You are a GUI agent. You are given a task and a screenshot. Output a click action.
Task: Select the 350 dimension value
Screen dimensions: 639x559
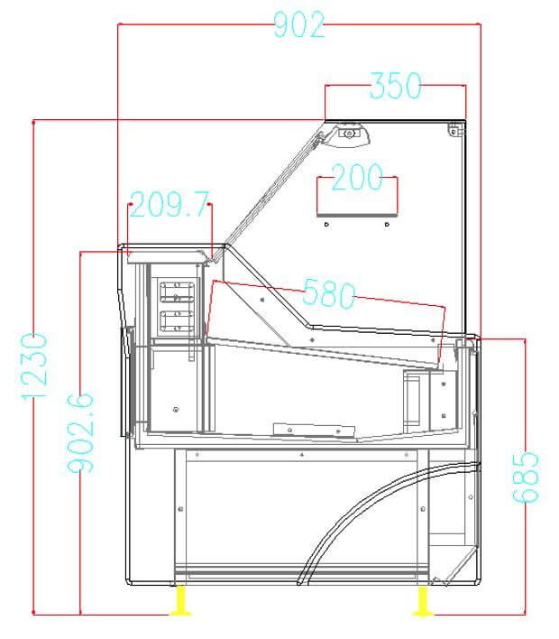pyautogui.click(x=395, y=86)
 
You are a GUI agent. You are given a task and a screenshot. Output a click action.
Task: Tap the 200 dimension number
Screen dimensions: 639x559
pyautogui.click(x=358, y=178)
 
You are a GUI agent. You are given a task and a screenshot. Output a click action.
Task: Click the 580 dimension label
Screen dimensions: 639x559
pyautogui.click(x=329, y=292)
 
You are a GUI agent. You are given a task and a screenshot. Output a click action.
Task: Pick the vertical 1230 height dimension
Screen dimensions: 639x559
pyautogui.click(x=32, y=367)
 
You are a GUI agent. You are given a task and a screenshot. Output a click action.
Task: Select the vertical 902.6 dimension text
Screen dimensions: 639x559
pyautogui.click(x=82, y=431)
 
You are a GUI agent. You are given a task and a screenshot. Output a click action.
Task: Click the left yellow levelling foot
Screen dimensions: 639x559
pyautogui.click(x=181, y=599)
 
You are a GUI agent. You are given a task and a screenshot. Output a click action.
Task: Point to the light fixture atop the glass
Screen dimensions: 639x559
pyautogui.click(x=350, y=134)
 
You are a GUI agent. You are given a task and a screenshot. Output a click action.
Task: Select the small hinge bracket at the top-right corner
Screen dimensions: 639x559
pyautogui.click(x=455, y=129)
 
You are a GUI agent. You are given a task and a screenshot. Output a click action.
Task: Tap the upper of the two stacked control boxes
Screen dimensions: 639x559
pyautogui.click(x=177, y=292)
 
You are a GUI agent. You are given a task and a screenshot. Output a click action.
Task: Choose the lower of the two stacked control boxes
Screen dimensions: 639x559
pyautogui.click(x=177, y=319)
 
